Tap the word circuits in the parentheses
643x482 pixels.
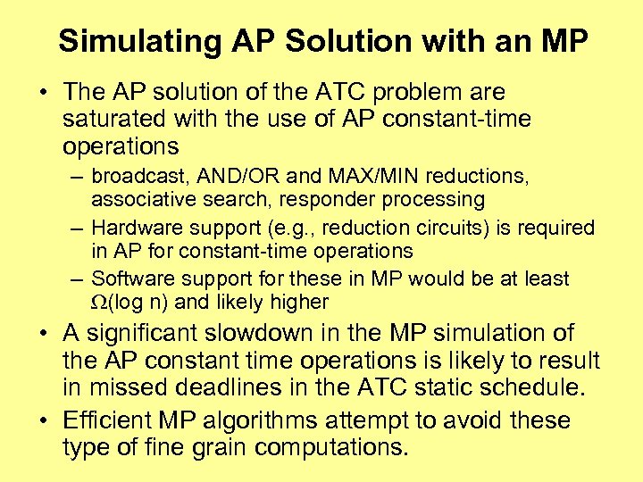click(x=445, y=228)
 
